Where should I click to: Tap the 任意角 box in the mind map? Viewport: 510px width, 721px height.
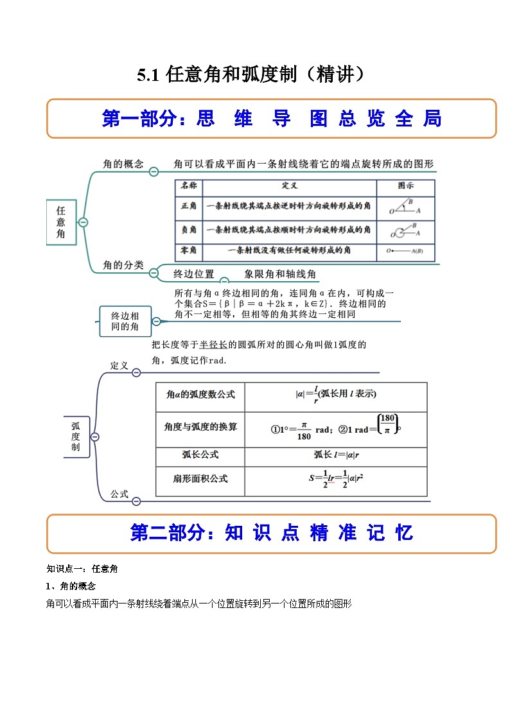(61, 222)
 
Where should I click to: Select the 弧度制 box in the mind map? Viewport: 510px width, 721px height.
(76, 437)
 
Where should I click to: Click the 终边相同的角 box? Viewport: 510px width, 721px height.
(125, 321)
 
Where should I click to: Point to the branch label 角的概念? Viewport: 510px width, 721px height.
(123, 164)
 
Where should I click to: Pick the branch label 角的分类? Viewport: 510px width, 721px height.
(123, 265)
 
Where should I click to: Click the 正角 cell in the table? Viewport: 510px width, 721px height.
(189, 207)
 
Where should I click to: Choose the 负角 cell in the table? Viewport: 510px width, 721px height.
(189, 229)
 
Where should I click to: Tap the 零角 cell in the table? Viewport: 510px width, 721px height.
(189, 250)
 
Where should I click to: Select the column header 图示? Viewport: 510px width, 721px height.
(405, 186)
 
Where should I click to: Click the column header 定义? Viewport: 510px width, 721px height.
(289, 186)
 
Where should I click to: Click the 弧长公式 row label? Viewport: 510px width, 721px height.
(200, 455)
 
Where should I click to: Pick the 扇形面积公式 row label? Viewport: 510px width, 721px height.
(200, 479)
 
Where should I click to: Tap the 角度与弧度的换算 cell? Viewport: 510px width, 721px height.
(200, 426)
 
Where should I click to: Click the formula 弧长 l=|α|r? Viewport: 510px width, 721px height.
(335, 455)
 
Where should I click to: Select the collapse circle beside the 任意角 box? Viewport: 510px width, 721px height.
(83, 222)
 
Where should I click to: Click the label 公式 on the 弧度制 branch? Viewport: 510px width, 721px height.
(119, 494)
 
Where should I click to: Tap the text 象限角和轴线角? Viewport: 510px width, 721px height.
(280, 274)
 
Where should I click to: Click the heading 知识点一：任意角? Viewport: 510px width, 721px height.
(82, 568)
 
